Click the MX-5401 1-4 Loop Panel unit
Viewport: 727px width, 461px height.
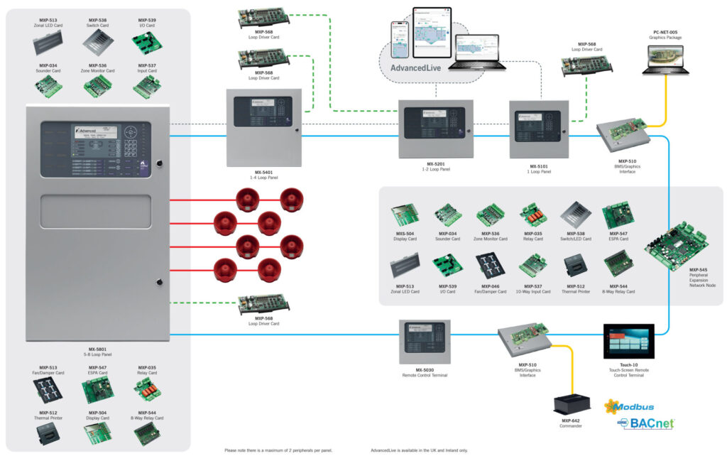click(x=263, y=126)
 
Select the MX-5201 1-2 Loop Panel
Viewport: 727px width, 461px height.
click(x=435, y=129)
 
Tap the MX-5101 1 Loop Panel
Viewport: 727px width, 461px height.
click(x=539, y=129)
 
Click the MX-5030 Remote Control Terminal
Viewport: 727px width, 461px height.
click(x=425, y=342)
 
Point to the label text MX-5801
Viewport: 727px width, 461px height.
click(x=97, y=349)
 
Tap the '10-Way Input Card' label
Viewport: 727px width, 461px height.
click(x=533, y=291)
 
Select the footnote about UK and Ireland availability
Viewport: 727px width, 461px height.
click(x=419, y=450)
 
